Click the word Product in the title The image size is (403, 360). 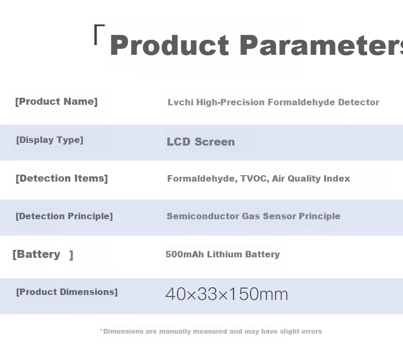[x=169, y=45]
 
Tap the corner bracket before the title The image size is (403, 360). [x=99, y=35]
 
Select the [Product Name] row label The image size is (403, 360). [x=56, y=102]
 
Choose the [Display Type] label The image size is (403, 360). [x=49, y=140]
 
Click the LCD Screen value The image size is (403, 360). [x=201, y=142]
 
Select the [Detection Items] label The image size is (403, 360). [x=62, y=178]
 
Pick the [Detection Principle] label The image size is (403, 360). [x=64, y=216]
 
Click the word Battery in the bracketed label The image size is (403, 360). [x=39, y=254]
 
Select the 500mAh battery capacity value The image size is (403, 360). [x=185, y=254]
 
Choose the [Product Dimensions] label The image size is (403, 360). [x=67, y=292]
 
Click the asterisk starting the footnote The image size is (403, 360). [x=101, y=330]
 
